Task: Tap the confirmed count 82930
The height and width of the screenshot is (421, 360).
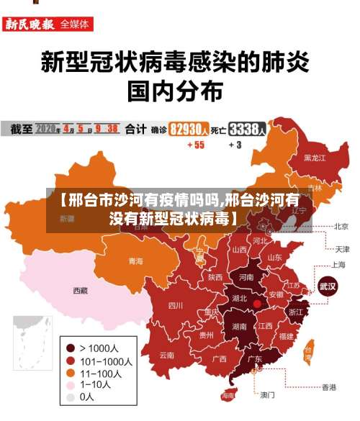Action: [189, 130]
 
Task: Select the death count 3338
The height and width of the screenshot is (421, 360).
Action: [247, 130]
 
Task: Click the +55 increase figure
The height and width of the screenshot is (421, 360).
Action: [195, 145]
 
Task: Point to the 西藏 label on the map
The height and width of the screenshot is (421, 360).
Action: [80, 291]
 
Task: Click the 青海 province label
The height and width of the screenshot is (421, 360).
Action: [135, 261]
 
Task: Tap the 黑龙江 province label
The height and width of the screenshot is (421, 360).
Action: [315, 157]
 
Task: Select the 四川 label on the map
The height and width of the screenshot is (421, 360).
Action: [176, 305]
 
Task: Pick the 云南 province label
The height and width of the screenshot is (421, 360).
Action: [167, 354]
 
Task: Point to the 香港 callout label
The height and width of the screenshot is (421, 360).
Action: [328, 387]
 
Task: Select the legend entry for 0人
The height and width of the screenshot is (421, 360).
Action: [86, 397]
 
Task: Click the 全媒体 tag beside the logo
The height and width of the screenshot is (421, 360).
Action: [76, 24]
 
